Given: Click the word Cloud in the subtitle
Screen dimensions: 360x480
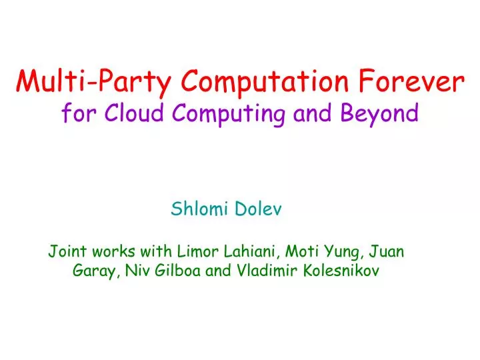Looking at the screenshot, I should [x=136, y=114].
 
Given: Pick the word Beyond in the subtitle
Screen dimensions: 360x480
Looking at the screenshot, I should [x=379, y=114].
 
